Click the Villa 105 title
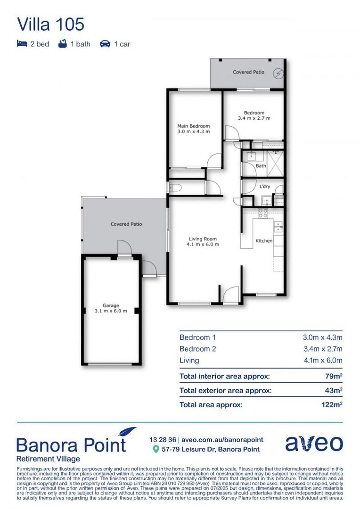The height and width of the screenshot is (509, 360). [x=50, y=24]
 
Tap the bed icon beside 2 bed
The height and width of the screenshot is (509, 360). [x=22, y=44]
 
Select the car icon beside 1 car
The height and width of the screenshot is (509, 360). [x=105, y=44]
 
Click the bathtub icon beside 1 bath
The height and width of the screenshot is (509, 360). [x=62, y=44]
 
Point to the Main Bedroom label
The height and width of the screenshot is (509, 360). [x=193, y=126]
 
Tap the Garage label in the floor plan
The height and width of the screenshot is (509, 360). [x=111, y=305]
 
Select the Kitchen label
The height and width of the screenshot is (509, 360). [x=264, y=241]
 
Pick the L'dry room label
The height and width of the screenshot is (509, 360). [x=264, y=187]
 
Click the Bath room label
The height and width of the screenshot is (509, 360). [x=261, y=166]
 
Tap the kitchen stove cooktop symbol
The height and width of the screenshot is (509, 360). [x=262, y=213]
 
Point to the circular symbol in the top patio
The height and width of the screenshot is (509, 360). [x=279, y=73]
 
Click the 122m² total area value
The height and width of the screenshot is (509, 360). [x=330, y=404]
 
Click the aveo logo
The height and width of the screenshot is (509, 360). [x=314, y=443]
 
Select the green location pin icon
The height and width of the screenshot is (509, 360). [x=156, y=450]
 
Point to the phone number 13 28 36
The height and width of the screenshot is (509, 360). [x=162, y=440]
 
